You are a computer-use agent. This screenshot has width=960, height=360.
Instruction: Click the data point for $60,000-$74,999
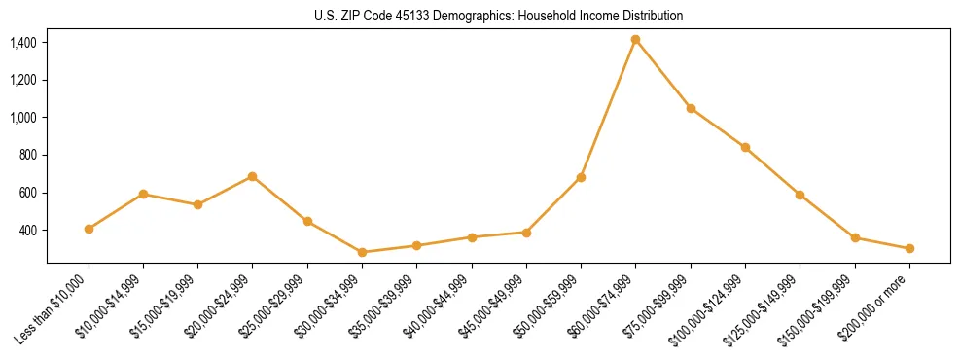(635, 40)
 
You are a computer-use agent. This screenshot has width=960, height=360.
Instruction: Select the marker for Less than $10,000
(89, 229)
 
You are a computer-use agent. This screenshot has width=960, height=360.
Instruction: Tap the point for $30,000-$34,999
(362, 252)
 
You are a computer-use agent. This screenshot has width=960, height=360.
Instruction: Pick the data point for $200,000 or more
(909, 248)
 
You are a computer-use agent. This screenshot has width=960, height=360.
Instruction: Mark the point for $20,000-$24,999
(252, 176)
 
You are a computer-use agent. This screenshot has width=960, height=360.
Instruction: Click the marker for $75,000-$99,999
(691, 108)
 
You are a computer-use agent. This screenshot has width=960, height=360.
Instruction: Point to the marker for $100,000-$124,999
(745, 147)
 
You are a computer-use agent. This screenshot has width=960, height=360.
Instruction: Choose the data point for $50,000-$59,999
(581, 177)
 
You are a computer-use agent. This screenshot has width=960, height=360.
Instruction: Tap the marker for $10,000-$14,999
(143, 194)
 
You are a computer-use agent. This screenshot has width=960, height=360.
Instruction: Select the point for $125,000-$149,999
(800, 195)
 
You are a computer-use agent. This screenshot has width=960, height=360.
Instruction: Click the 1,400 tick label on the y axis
(23, 43)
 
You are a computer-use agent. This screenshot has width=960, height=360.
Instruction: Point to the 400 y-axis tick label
(28, 231)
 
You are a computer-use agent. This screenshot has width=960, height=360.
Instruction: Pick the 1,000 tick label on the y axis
(23, 118)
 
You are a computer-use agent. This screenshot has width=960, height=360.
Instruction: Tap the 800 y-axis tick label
(28, 155)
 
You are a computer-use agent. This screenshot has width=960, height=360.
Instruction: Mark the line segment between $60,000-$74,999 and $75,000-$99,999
(662, 74)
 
